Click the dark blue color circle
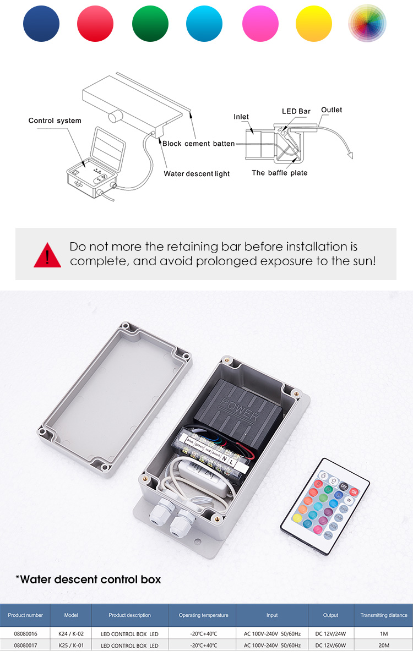[41, 23]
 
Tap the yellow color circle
[314, 23]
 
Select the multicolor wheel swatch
[367, 23]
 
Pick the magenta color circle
[259, 23]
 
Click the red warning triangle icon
[47, 254]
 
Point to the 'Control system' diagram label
[55, 121]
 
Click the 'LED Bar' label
[296, 111]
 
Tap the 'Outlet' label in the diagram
[332, 110]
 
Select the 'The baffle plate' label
[280, 173]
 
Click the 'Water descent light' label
[197, 174]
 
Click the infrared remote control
[325, 505]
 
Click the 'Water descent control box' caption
[88, 579]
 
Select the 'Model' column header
[71, 615]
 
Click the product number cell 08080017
[25, 645]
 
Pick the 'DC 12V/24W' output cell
[331, 633]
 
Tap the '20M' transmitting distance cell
[384, 645]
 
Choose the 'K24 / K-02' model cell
[71, 633]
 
